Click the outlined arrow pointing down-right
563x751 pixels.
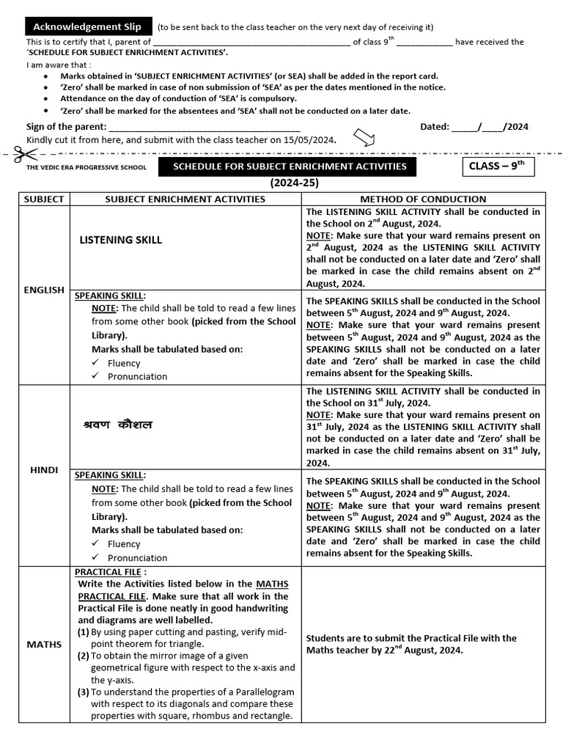364,137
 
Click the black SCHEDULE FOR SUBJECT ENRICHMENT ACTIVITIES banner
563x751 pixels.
289,166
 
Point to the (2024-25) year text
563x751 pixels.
294,183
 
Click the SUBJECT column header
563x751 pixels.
44,199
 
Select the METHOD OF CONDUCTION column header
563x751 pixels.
423,199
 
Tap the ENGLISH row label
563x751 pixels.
44,290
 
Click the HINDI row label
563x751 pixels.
44,469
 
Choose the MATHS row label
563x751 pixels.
44,644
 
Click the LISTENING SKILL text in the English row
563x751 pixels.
120,240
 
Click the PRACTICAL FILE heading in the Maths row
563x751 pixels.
111,571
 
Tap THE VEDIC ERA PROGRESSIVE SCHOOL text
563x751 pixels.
87,167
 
